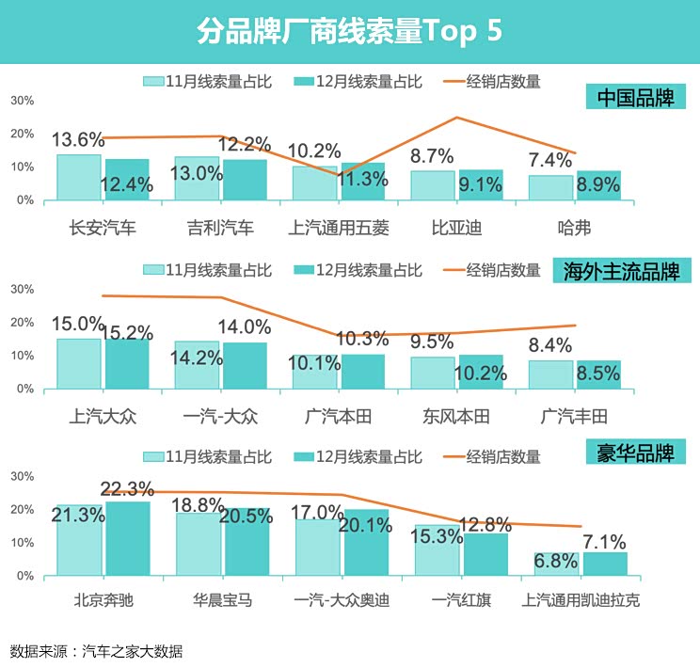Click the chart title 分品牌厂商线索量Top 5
[349, 31]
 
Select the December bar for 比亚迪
[480, 185]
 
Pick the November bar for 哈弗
[551, 187]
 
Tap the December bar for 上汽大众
[127, 363]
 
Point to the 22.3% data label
[127, 489]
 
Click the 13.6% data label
[78, 140]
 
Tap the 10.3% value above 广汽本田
[362, 339]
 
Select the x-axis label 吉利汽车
[220, 228]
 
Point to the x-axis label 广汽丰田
[575, 416]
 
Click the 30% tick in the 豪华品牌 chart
[22, 477]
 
